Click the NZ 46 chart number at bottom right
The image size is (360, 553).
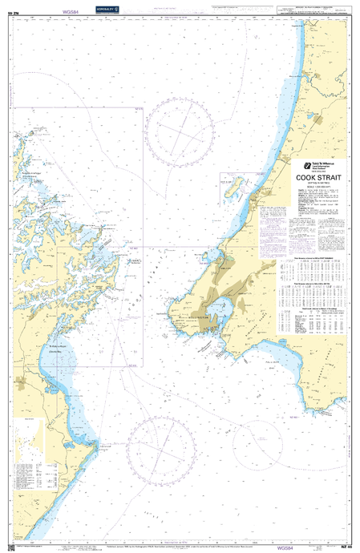pos(346,547)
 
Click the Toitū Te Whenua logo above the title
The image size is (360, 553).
pos(305,161)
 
